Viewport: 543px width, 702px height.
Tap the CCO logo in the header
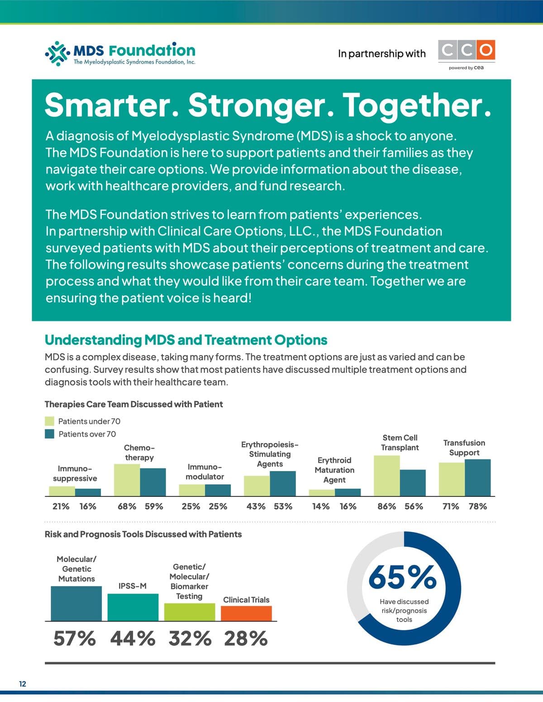[x=467, y=50]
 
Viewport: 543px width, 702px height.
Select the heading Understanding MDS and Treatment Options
[x=186, y=340]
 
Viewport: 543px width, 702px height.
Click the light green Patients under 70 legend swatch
[x=50, y=421]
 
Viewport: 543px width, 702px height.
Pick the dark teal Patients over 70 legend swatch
[x=50, y=434]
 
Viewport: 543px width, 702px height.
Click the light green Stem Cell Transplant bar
[x=387, y=476]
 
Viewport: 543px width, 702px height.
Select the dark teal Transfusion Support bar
[x=477, y=478]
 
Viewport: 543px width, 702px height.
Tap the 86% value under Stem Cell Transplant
[x=387, y=506]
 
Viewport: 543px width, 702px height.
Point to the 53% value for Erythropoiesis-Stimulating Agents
[x=283, y=506]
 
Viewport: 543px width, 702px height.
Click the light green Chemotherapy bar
[x=127, y=480]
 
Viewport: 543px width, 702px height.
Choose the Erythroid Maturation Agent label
[x=334, y=470]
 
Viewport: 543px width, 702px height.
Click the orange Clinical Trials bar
[x=246, y=613]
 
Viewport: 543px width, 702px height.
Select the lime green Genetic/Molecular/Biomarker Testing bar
[x=189, y=612]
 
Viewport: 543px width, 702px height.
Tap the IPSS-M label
[x=133, y=586]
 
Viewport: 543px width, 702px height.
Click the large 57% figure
[x=75, y=639]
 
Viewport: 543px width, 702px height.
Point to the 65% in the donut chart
[x=403, y=577]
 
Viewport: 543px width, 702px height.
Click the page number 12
[x=23, y=683]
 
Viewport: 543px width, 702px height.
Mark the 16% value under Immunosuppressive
[x=88, y=506]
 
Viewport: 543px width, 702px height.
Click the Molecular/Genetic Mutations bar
[x=76, y=603]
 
